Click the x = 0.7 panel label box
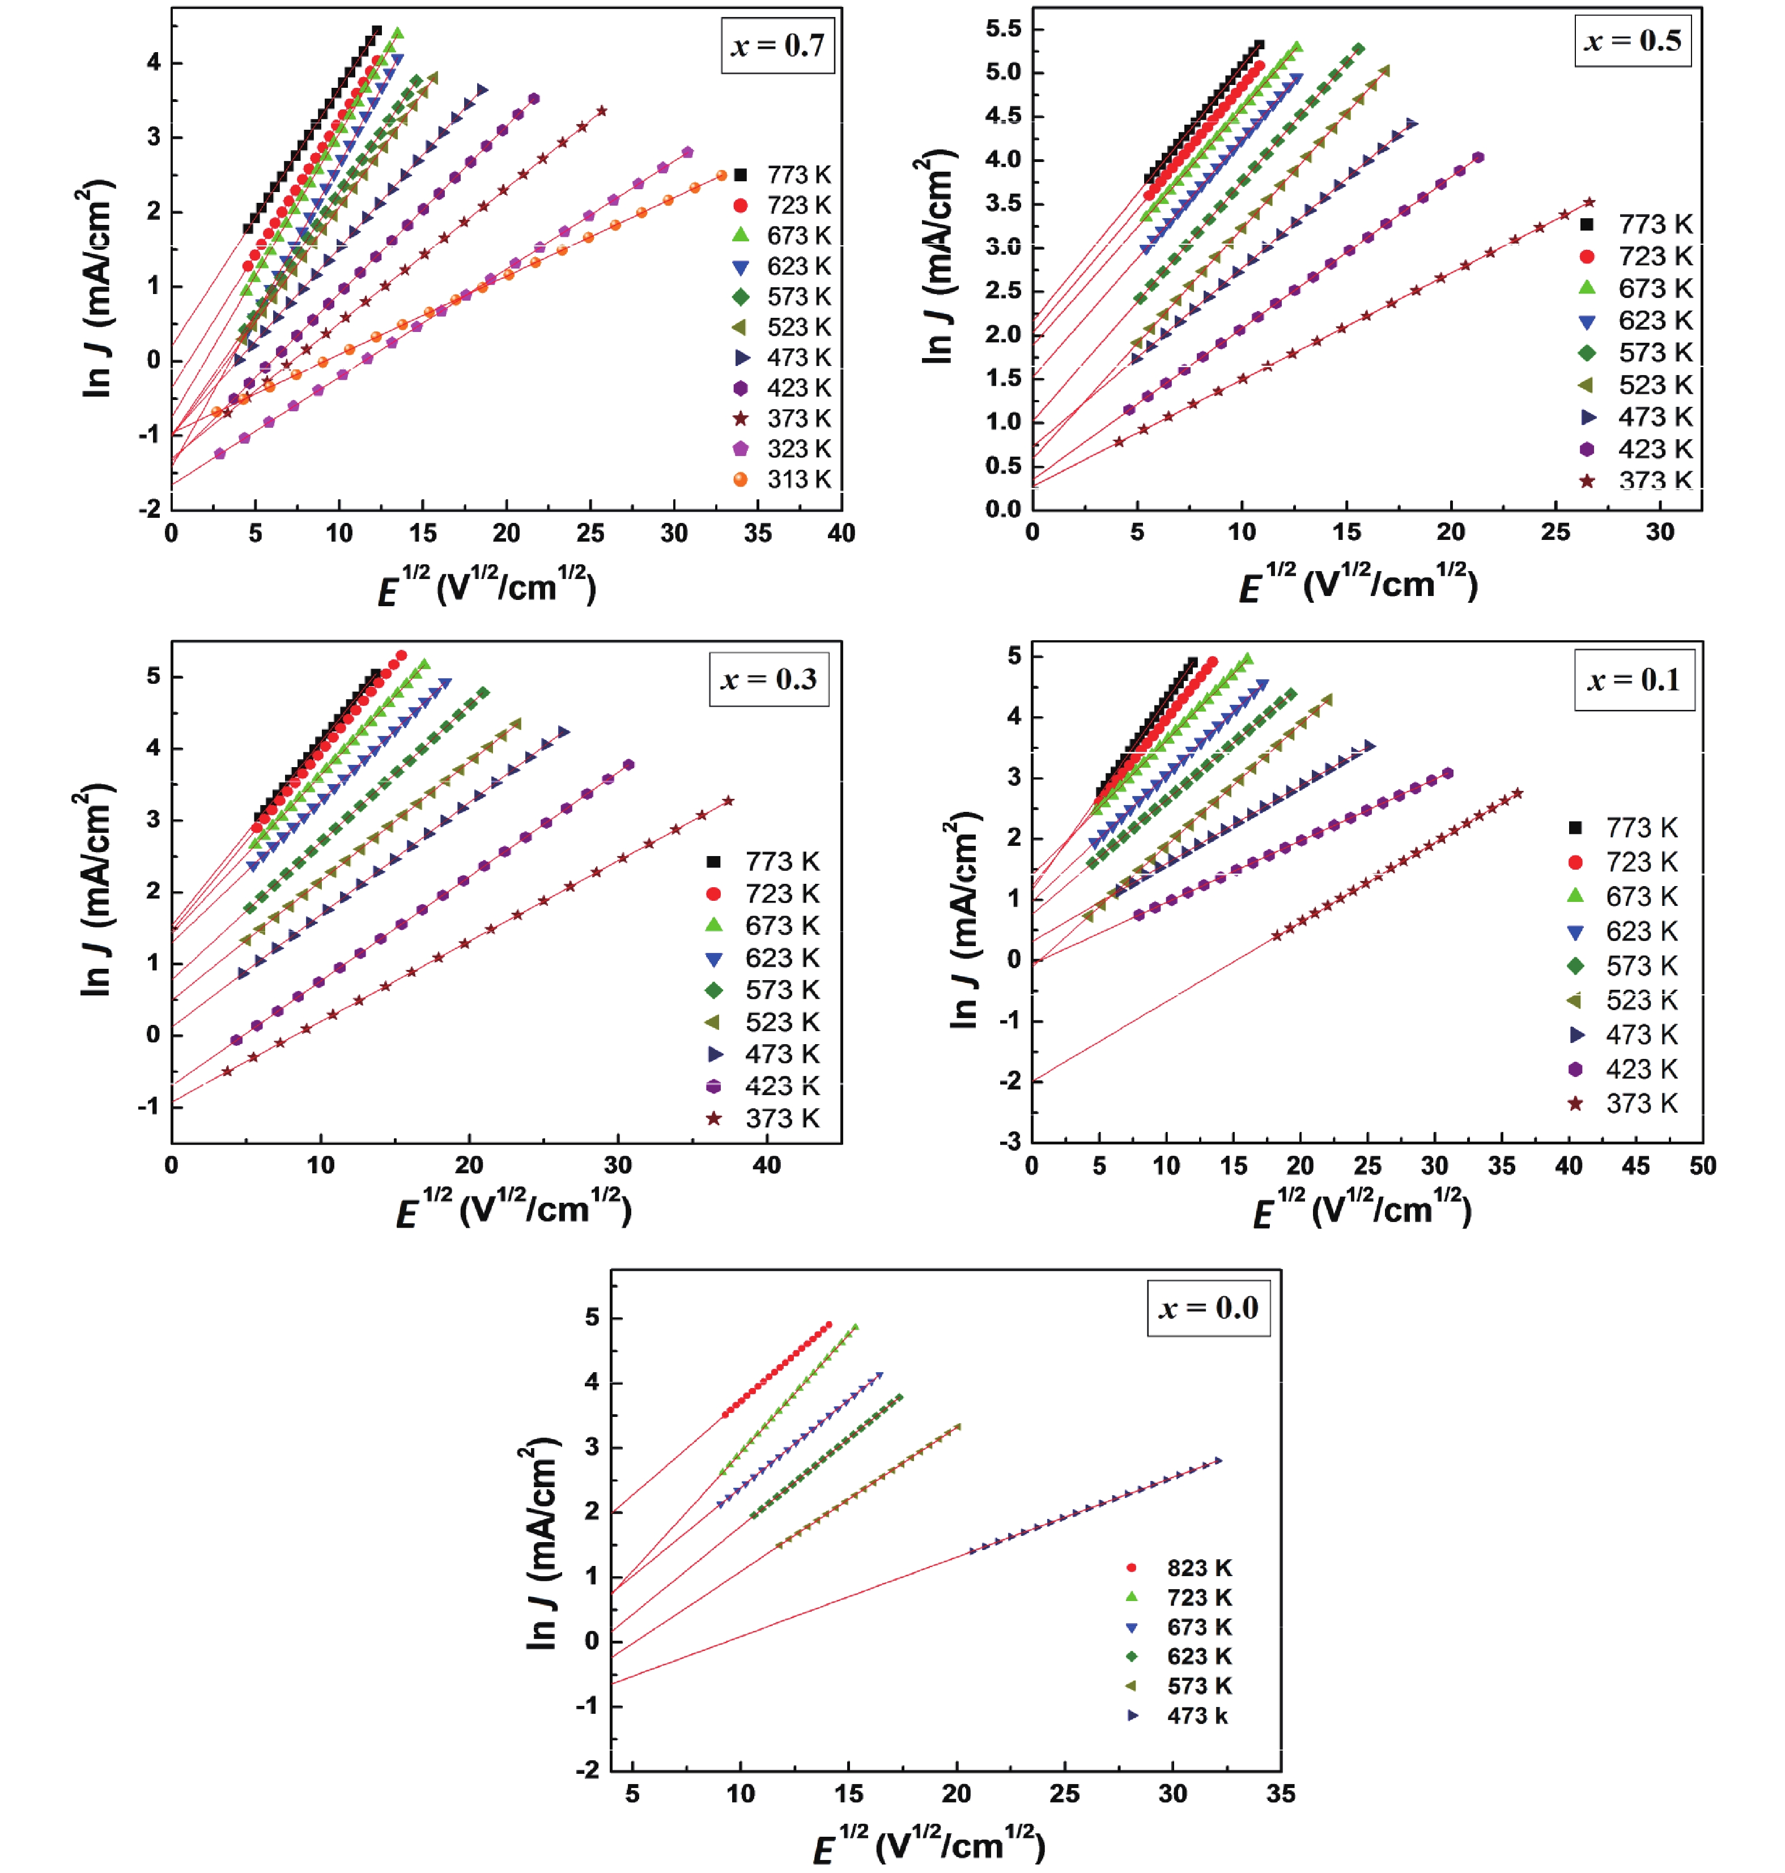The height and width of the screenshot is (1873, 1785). [x=777, y=46]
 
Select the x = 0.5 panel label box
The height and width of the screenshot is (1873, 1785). [x=1633, y=41]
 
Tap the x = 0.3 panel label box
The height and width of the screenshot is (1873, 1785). [x=769, y=679]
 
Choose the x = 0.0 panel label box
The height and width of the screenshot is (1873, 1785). [x=1208, y=1308]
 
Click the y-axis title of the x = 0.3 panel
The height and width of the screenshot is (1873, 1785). [x=95, y=891]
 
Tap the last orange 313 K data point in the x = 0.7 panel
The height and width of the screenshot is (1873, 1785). [x=721, y=175]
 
